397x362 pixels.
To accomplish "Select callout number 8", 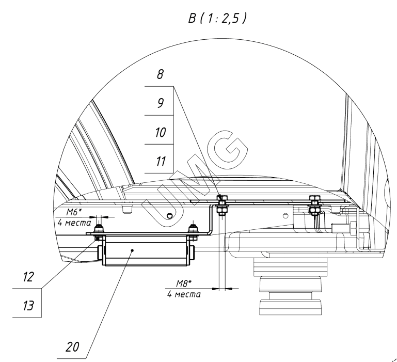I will (161, 74).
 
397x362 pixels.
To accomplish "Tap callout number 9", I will (161, 103).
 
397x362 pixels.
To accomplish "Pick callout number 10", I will (161, 132).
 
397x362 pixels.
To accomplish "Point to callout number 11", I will (161, 161).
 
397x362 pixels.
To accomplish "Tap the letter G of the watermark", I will (227, 149).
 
